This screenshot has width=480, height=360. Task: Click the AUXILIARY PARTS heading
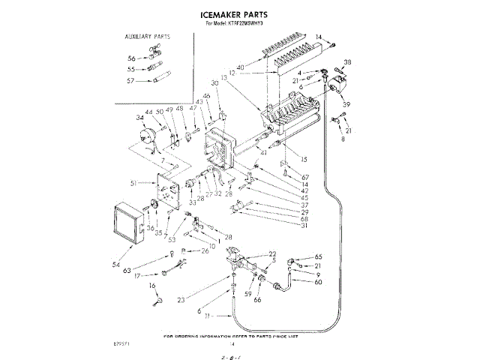coord(148,36)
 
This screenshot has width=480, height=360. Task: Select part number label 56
coord(132,58)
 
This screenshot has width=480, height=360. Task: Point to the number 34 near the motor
coord(140,118)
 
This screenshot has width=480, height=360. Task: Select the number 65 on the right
coord(318,256)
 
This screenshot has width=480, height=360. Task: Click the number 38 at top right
coord(347,61)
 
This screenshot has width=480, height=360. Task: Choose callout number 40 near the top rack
coord(240,68)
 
